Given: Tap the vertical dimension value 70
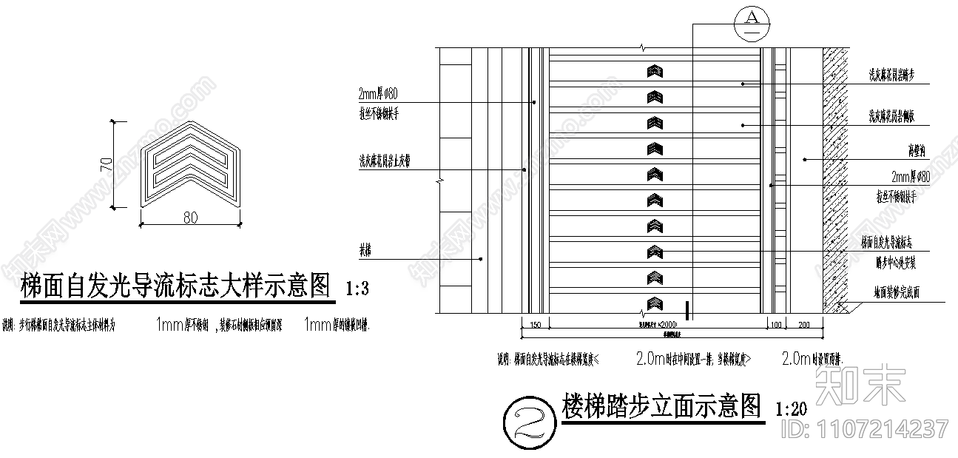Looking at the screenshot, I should click(107, 164).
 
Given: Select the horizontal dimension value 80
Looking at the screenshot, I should click(191, 218).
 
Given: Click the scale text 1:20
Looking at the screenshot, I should click(790, 408).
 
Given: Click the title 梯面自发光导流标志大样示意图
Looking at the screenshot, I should click(176, 285).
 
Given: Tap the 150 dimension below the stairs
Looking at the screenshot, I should click(536, 325).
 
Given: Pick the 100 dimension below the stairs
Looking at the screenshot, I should click(775, 325).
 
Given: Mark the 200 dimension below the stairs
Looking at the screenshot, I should click(805, 325).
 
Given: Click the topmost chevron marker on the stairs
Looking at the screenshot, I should click(655, 71).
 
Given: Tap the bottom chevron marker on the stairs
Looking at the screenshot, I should click(655, 303).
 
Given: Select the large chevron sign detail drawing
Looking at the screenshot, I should click(192, 164).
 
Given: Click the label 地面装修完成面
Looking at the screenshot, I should click(894, 293).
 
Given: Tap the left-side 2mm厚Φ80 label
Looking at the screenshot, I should click(378, 95).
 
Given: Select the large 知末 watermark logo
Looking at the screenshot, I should click(860, 385).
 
